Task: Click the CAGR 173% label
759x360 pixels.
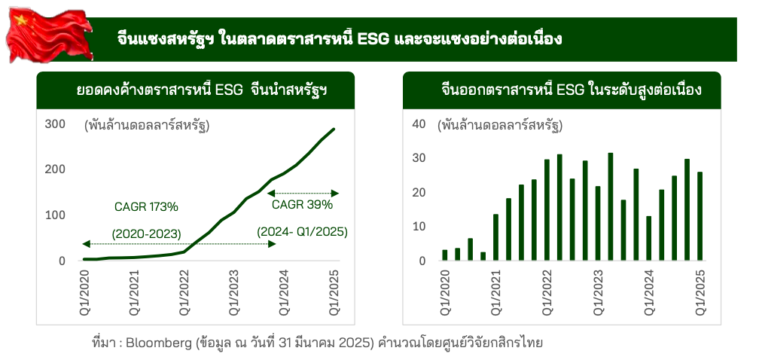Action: (x=146, y=206)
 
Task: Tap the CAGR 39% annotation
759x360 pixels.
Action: (x=302, y=205)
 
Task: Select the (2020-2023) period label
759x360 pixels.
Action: (x=146, y=234)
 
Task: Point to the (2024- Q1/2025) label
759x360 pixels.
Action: (x=303, y=232)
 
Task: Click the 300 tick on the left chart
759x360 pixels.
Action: (x=55, y=124)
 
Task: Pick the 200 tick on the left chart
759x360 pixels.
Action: (x=55, y=169)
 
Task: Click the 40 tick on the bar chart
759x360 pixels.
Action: (x=419, y=124)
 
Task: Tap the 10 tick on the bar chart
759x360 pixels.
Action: (x=419, y=227)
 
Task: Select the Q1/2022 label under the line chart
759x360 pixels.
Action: (x=184, y=293)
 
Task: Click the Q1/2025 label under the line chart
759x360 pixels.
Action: (x=334, y=293)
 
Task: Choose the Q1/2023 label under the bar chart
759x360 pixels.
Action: (x=598, y=293)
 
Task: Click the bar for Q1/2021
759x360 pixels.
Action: (x=495, y=237)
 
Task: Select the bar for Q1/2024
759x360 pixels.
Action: (x=648, y=238)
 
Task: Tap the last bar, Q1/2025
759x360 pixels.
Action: (x=700, y=216)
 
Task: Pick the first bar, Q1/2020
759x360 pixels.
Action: (x=445, y=255)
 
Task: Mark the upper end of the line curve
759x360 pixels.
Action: (x=334, y=129)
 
